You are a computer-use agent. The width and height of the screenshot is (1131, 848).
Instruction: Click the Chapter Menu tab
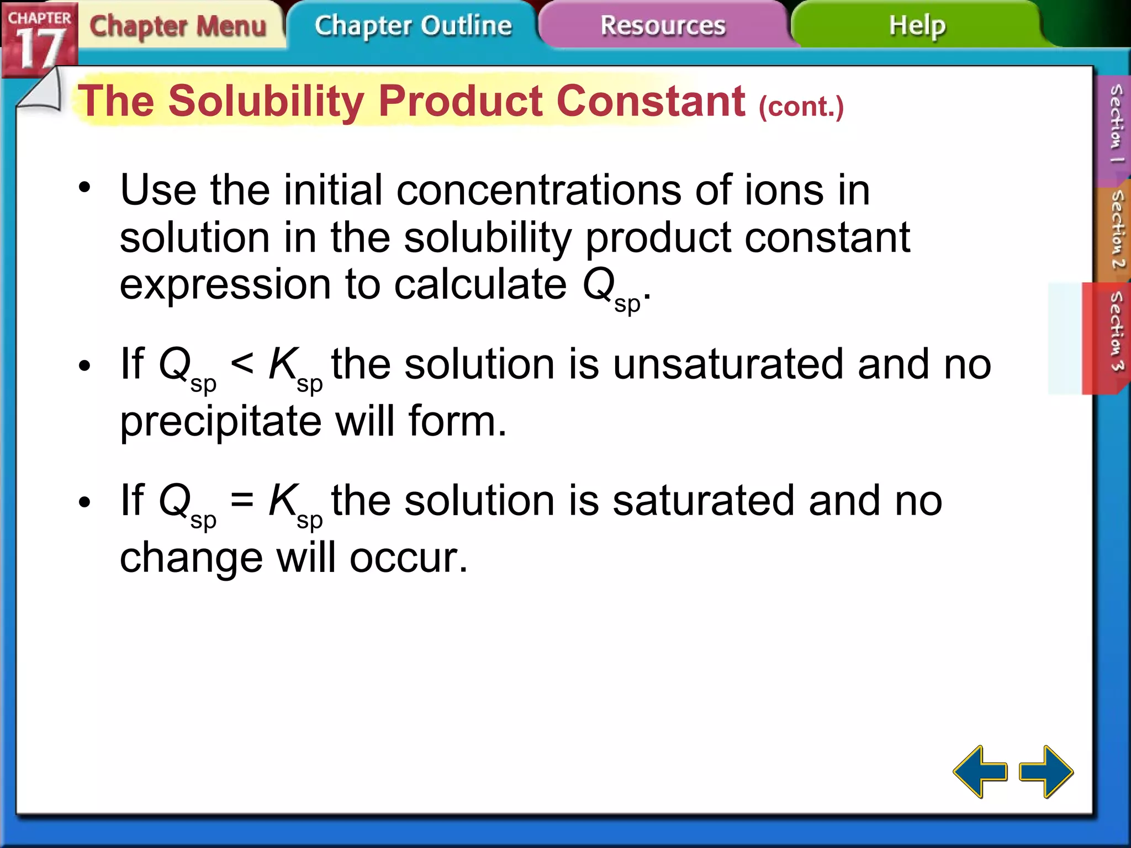coord(178,26)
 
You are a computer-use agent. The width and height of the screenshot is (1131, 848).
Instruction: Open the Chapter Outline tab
coord(413,26)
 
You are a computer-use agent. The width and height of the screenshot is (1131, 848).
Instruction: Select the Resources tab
coord(663,26)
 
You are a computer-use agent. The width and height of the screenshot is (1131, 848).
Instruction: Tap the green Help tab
coord(917,26)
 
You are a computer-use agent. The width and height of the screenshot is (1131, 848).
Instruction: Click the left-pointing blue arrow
coord(980,771)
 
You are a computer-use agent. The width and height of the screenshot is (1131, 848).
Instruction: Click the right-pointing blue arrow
coord(1046,771)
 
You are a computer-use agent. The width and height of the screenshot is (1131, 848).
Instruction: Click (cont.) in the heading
coord(801,106)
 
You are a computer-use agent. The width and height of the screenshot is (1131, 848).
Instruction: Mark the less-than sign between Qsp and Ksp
coord(242,364)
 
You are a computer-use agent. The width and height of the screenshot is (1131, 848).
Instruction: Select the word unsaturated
coord(728,365)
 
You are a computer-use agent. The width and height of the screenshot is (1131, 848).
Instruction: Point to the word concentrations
coord(538,190)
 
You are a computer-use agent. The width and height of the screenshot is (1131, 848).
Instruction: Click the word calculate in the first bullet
coord(480,285)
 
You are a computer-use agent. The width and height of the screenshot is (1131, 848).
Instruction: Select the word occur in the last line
coord(409,558)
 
